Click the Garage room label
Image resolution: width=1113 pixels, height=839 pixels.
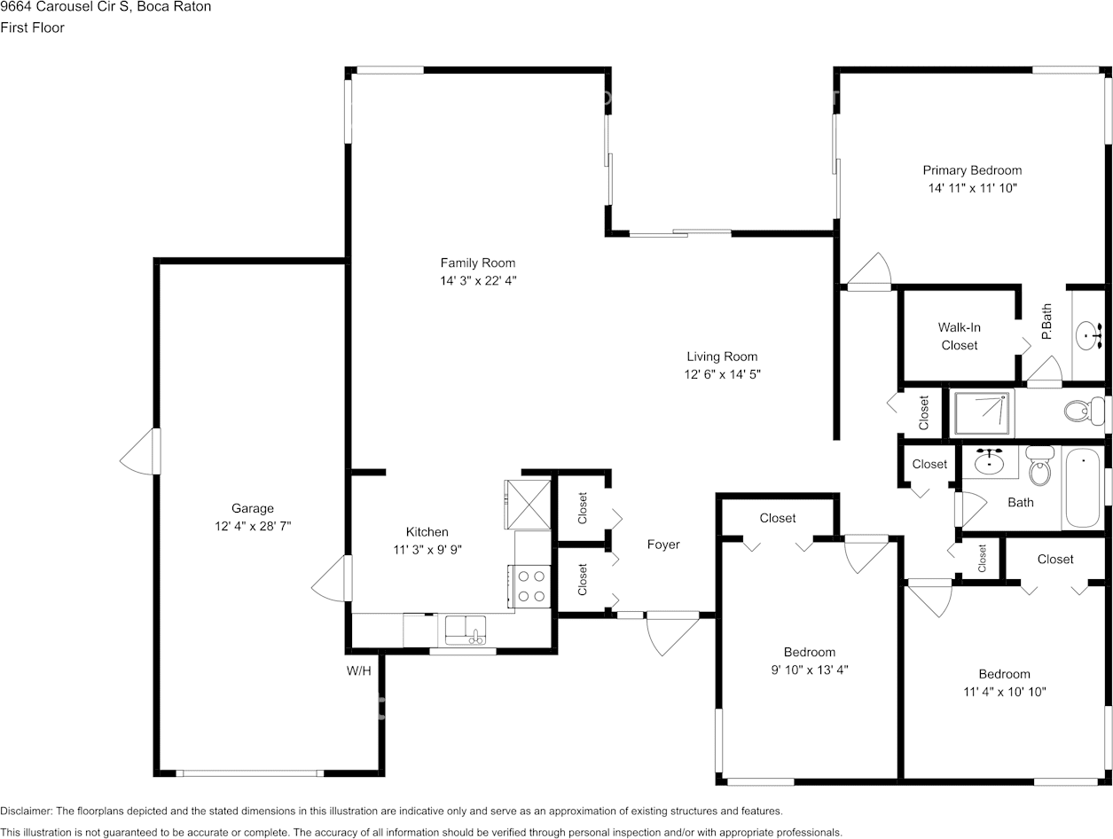tap(253, 508)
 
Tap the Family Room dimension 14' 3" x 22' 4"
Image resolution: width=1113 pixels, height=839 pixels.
tap(478, 280)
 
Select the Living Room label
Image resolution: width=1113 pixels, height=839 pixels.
tap(722, 357)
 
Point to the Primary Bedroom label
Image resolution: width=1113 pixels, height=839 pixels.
tap(972, 170)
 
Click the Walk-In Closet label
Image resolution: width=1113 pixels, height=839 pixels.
tap(959, 336)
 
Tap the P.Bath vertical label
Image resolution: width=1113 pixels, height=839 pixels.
tap(1046, 322)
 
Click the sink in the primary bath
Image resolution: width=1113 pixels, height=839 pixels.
tap(1089, 335)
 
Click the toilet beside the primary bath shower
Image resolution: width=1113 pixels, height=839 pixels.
tap(1078, 412)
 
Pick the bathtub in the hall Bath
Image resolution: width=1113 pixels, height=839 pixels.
tap(1082, 488)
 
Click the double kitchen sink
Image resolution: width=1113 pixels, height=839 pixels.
tap(466, 630)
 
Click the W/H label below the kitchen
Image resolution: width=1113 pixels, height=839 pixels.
tap(358, 671)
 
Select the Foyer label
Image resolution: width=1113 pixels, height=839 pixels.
tap(663, 545)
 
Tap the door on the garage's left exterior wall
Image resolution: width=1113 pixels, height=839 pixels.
tap(141, 451)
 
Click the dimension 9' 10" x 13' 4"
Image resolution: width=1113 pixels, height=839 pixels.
tap(809, 670)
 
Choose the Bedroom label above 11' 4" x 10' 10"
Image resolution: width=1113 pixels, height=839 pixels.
tap(1004, 673)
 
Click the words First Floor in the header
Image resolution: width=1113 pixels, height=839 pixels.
tap(33, 27)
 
